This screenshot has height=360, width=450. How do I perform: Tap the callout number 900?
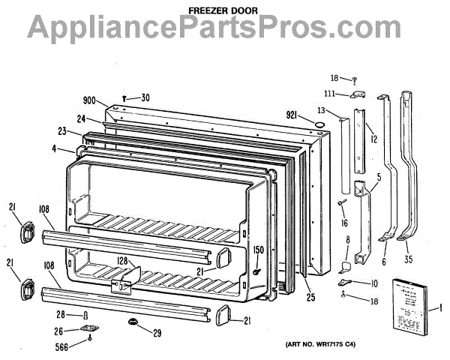point(89,99)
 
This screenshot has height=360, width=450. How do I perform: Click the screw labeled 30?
point(124,97)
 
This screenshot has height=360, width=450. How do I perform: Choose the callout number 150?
point(257,249)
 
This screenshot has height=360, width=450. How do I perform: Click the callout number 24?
point(79,117)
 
